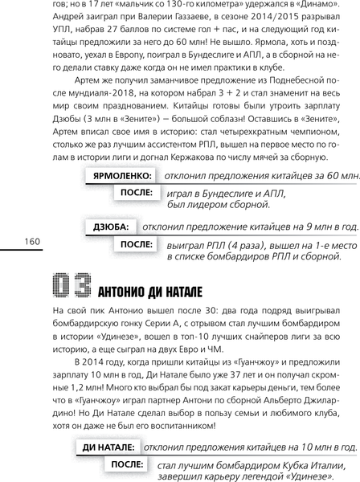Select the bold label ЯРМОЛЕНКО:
123,174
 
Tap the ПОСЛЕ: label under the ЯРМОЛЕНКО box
137,193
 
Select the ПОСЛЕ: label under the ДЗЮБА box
137,244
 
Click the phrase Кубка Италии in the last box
309,465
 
